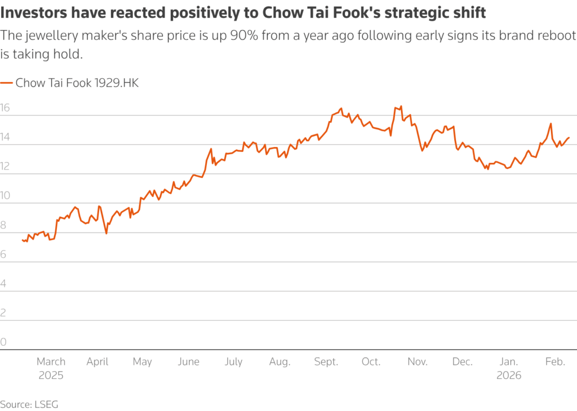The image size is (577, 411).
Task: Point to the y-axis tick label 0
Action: (x=4, y=342)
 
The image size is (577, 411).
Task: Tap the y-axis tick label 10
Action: (x=6, y=196)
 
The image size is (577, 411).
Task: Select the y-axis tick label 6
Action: (x=4, y=254)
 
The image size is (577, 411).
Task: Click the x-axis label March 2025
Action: (x=51, y=368)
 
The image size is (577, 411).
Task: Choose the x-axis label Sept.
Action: (x=326, y=361)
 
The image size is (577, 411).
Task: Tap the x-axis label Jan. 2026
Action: (x=509, y=368)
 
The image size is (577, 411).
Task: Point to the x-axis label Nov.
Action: (x=418, y=361)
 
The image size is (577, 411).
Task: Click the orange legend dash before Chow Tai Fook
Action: (x=6, y=83)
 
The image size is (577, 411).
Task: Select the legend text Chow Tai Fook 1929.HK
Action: (x=77, y=83)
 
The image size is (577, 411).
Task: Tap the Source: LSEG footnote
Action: (x=29, y=404)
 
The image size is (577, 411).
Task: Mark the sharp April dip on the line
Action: (x=106, y=233)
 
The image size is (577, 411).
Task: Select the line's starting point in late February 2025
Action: (x=22, y=240)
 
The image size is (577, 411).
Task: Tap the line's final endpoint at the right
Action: (x=569, y=137)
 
